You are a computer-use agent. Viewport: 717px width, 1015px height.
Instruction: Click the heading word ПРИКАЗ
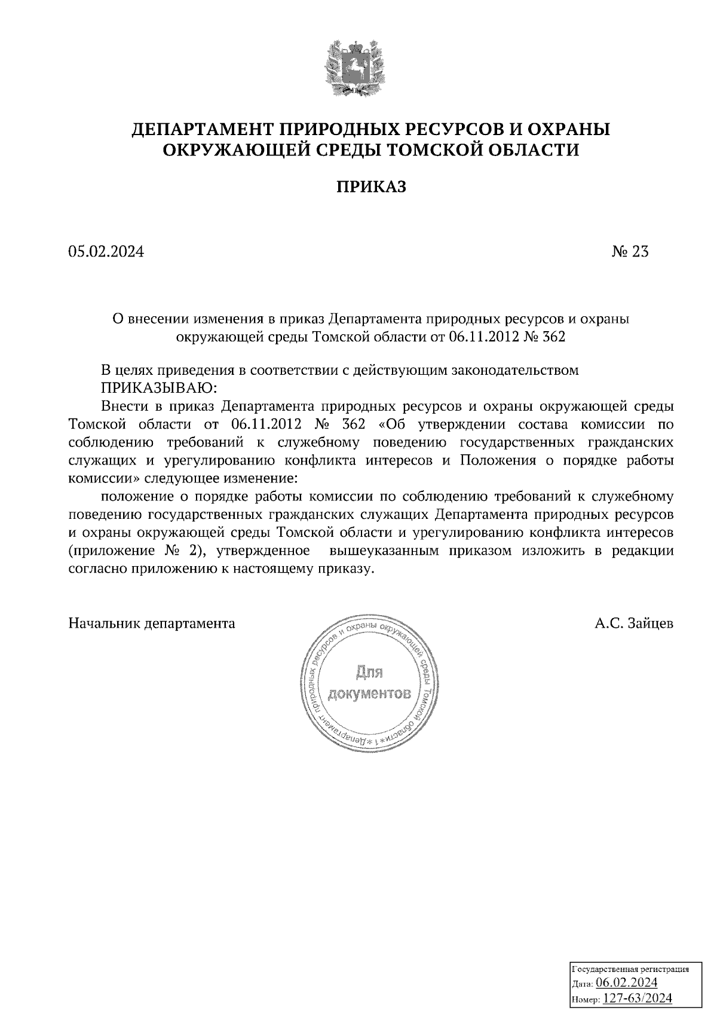pyautogui.click(x=370, y=187)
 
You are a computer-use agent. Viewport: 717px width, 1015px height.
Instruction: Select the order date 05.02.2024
pyautogui.click(x=106, y=252)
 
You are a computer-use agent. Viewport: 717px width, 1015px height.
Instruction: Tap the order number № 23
pyautogui.click(x=630, y=252)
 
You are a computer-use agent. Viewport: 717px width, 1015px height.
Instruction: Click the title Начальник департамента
pyautogui.click(x=152, y=623)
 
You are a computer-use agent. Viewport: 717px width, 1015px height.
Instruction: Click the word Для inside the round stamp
pyautogui.click(x=369, y=674)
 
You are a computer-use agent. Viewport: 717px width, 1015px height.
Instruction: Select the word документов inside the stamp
pyautogui.click(x=370, y=694)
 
